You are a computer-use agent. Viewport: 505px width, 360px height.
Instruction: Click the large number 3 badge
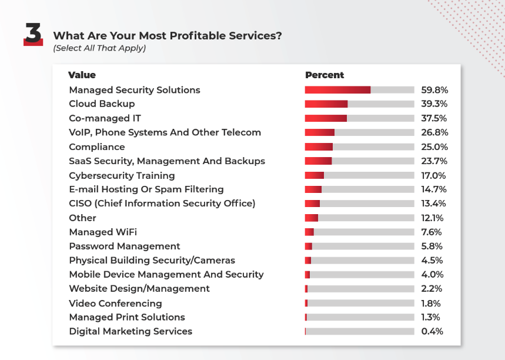pos(33,35)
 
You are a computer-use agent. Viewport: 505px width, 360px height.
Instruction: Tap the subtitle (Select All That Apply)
pos(99,48)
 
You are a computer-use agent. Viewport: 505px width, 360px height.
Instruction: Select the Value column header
pos(82,75)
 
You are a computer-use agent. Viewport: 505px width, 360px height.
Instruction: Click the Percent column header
pos(325,75)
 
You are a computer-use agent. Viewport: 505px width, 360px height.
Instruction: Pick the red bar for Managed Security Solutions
pos(337,90)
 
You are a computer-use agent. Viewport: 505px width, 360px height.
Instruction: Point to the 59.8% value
pos(434,90)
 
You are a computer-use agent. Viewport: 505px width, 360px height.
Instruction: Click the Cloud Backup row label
pos(102,104)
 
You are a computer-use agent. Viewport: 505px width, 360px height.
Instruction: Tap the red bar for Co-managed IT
pos(326,118)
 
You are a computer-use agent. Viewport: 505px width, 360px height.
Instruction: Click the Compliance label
pos(97,146)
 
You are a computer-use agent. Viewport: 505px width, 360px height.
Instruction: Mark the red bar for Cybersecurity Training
pos(315,175)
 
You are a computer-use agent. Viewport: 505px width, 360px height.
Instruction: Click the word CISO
pos(81,204)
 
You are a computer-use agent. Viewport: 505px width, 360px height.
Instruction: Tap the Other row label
pos(82,218)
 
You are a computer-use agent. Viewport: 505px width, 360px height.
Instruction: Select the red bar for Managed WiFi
pos(309,232)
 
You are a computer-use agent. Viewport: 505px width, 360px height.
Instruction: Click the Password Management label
pos(125,246)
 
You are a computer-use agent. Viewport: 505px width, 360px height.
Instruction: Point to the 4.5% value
pos(432,260)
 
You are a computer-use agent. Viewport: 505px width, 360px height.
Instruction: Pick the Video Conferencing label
pos(115,303)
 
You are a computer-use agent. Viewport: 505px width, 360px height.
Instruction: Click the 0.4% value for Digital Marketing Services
pos(432,331)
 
